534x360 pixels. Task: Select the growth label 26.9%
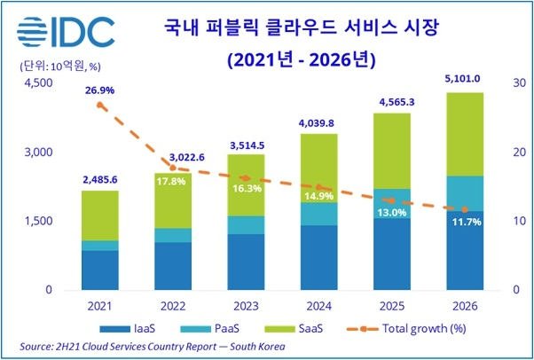coord(99,90)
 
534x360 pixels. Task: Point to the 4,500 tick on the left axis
coord(37,83)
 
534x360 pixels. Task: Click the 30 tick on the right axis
coord(521,83)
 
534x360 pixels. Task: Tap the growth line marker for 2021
coord(99,105)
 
